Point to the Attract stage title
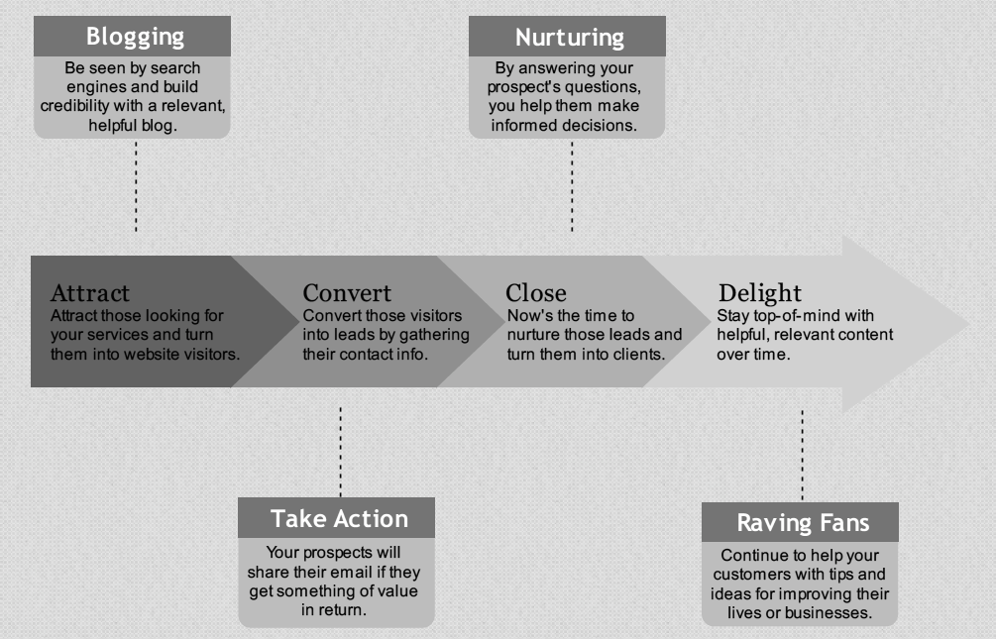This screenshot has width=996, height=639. (89, 293)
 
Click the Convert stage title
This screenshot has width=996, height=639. (347, 293)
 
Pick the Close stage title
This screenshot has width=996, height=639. (535, 293)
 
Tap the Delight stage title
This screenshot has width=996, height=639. (760, 293)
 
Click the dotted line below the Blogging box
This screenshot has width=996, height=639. (136, 186)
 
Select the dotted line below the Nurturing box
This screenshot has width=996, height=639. (572, 186)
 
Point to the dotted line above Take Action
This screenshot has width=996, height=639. (341, 452)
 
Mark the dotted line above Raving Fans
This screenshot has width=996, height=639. (803, 456)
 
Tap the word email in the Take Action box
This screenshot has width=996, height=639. (350, 572)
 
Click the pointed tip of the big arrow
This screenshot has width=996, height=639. (969, 324)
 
